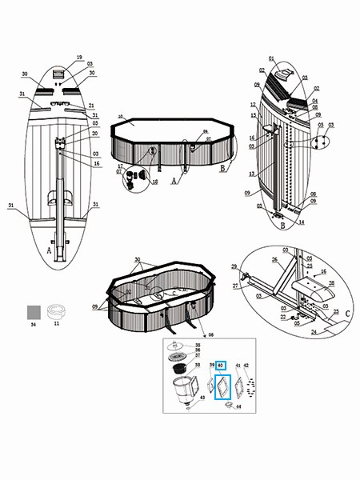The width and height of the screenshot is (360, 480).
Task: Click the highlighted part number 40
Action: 221,366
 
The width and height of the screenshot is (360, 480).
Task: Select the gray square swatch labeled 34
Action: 34,310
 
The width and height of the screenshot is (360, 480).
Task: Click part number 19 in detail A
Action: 79,58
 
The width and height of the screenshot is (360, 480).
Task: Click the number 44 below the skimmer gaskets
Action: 238,407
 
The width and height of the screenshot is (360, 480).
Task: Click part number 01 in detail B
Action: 271,59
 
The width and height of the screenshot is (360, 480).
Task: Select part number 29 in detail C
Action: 234,266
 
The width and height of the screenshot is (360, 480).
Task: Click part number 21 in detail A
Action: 91,106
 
